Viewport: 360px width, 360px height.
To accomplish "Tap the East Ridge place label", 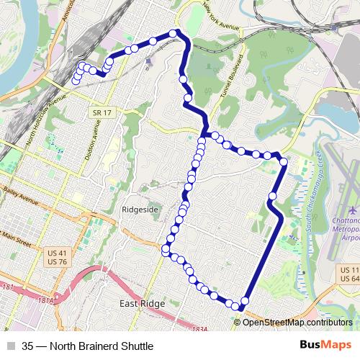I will pyautogui.click(x=142, y=304).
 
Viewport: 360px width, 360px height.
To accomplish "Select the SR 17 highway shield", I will pyautogui.click(x=101, y=113).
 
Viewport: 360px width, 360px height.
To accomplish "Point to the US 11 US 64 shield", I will pyautogui.click(x=348, y=274).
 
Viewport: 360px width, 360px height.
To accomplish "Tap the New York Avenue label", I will pyautogui.click(x=220, y=16).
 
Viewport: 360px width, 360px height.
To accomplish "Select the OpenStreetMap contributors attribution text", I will pyautogui.click(x=297, y=322).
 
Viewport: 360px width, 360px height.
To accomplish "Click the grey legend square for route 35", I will pyautogui.click(x=10, y=344).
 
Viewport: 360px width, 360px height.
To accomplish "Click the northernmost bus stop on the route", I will pyautogui.click(x=174, y=33).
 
